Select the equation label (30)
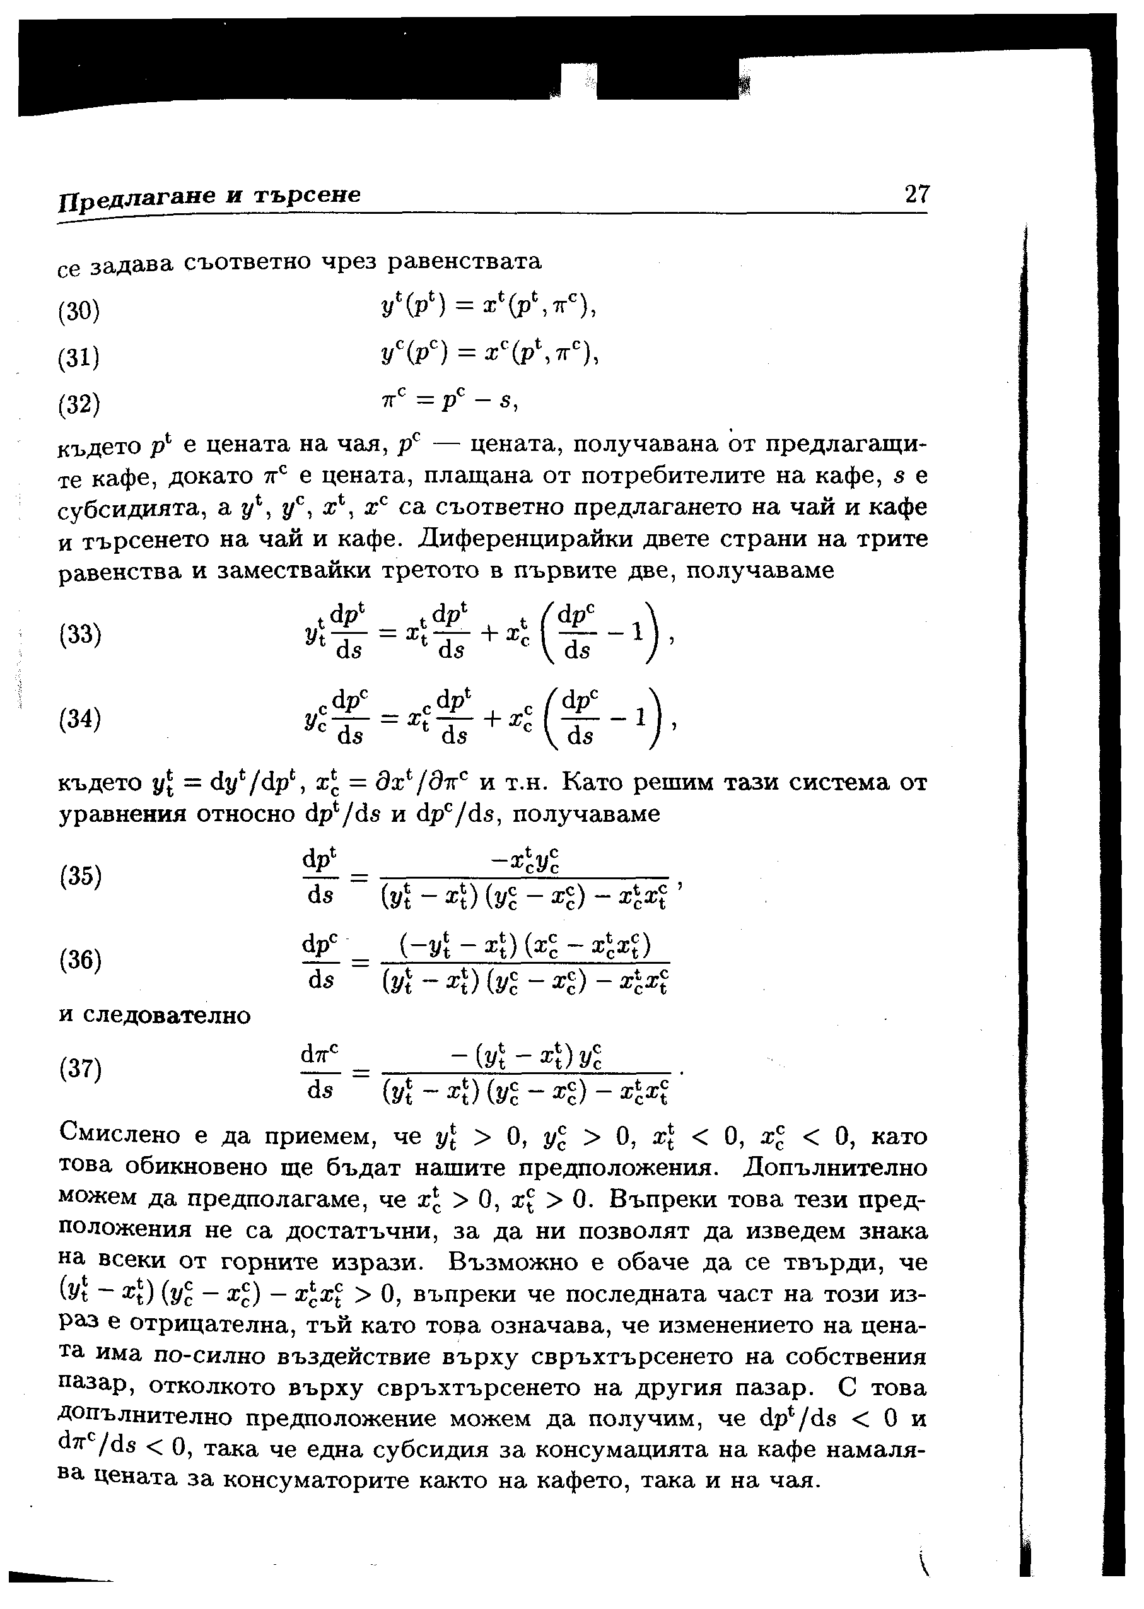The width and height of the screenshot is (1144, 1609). click(79, 311)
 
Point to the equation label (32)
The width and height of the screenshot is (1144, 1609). click(79, 404)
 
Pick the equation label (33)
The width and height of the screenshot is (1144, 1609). click(79, 635)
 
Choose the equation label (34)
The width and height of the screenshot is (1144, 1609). click(79, 719)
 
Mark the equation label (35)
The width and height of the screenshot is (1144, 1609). click(79, 877)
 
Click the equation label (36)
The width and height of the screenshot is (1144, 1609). click(79, 960)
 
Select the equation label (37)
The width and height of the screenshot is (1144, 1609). click(79, 1069)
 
